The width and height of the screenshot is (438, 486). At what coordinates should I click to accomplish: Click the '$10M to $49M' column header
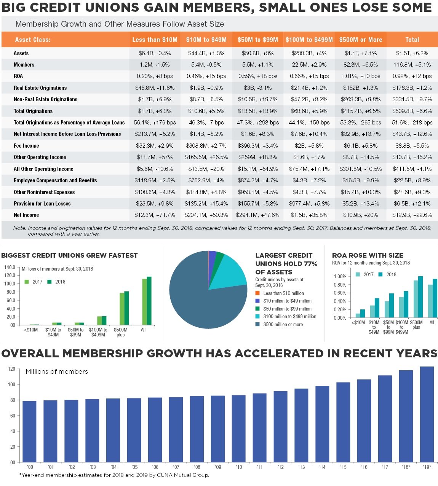[206, 40]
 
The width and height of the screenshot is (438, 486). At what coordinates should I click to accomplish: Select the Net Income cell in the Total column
[412, 215]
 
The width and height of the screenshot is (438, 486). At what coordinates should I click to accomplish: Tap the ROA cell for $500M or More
[361, 76]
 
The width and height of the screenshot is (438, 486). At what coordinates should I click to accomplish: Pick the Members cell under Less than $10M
[155, 65]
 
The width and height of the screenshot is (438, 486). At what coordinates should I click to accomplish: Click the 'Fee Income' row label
[26, 146]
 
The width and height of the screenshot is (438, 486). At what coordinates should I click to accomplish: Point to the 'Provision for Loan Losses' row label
[42, 204]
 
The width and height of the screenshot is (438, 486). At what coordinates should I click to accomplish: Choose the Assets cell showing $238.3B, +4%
[309, 53]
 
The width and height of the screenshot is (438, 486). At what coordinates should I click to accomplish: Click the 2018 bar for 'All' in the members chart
[149, 301]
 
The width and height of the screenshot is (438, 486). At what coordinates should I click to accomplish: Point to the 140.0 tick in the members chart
[10, 267]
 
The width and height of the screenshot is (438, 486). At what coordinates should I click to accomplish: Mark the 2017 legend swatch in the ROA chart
[358, 274]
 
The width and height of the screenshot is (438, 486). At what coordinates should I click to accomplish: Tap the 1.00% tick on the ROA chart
[340, 276]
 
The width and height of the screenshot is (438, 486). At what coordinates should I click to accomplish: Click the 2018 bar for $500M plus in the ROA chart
[420, 297]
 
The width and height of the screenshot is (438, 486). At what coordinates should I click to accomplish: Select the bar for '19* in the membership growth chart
[427, 414]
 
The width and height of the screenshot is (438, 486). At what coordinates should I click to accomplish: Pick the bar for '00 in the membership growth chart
[29, 432]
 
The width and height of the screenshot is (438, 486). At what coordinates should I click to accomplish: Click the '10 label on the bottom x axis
[239, 467]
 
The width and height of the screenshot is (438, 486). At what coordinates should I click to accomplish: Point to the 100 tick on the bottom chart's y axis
[12, 384]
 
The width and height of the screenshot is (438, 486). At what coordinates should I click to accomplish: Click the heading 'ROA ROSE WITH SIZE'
[368, 255]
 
